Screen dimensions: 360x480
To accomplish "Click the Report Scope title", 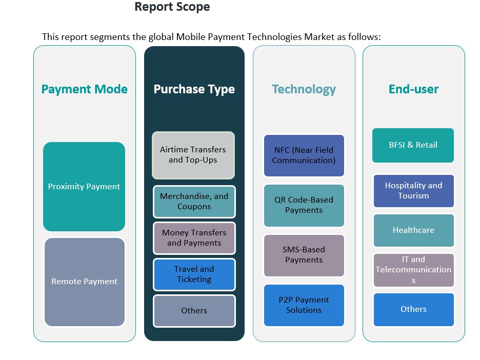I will [172, 7].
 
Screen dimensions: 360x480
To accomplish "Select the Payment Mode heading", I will [84, 89].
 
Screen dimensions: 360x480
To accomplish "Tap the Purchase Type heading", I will [194, 89].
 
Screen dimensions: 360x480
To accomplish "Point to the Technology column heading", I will [304, 89].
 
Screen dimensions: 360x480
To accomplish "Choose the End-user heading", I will [413, 89].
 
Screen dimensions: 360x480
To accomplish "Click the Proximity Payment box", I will [84, 187].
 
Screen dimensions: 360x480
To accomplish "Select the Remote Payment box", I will [84, 282].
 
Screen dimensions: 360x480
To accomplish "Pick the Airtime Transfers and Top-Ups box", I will [193, 155].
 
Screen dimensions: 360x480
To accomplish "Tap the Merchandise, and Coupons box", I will [194, 202].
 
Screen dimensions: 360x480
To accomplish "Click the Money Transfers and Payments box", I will [194, 238].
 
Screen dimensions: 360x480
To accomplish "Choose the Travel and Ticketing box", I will [194, 274].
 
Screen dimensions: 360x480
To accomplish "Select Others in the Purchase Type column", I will [194, 311].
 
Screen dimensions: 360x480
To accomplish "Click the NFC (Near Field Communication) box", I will [304, 155].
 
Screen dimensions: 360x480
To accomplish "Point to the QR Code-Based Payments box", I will [304, 205].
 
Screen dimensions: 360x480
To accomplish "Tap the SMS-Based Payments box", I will [304, 255].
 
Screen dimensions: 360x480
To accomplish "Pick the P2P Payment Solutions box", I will [304, 305].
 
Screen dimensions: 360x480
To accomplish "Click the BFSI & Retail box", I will [413, 145].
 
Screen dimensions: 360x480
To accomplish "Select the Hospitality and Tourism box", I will [413, 191].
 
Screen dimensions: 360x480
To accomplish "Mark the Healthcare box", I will [413, 230].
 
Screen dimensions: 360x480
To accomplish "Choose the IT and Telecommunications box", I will [413, 270].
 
